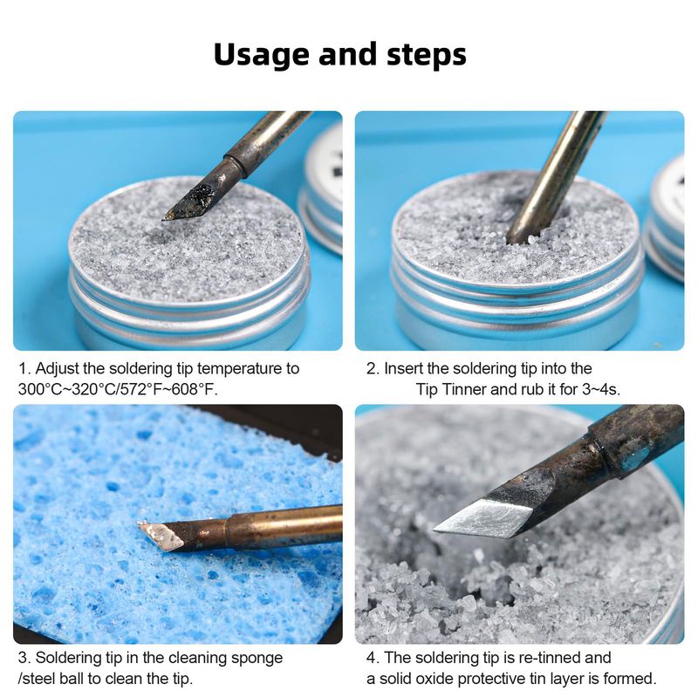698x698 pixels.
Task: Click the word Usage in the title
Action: coord(262,54)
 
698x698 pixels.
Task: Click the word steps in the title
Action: coord(427,55)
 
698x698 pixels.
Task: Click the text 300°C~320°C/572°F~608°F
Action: coord(118,389)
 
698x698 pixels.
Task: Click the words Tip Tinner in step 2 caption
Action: coord(450,389)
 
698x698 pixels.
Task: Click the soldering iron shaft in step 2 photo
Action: coord(558,174)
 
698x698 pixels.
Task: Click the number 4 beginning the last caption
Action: coord(371,658)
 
